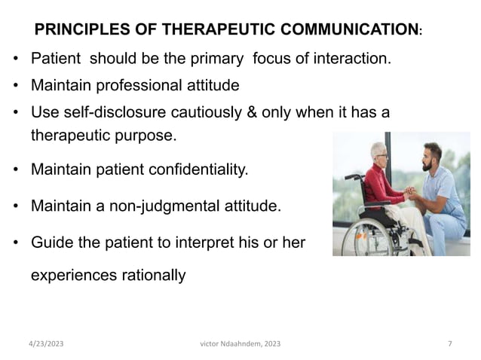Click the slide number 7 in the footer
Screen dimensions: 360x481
tap(449, 343)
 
